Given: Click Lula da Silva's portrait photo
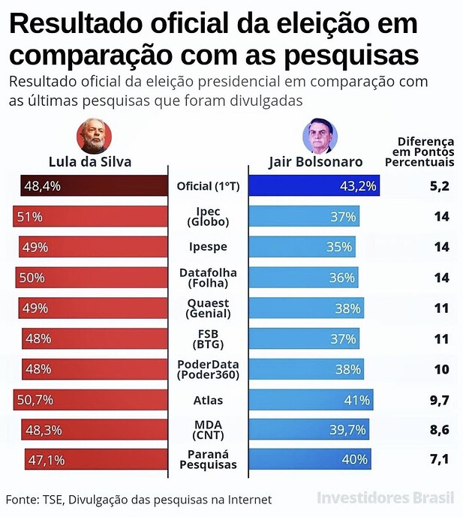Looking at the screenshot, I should (x=95, y=136).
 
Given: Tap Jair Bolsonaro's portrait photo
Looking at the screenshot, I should (x=320, y=137).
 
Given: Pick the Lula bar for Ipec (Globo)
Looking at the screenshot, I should (x=90, y=217).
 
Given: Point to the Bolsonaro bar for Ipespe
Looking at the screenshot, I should (x=302, y=247).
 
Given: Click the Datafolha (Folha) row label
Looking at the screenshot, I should (x=208, y=278).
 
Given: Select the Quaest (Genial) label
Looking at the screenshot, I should (x=208, y=308).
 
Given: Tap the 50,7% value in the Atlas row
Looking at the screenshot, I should (x=37, y=400).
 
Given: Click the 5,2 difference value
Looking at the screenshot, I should (x=439, y=186).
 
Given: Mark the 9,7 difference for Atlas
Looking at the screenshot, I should (x=439, y=400).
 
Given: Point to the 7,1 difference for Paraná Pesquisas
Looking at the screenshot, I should (x=439, y=460).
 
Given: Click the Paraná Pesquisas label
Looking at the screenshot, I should (x=208, y=460).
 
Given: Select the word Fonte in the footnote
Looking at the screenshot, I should (x=22, y=499).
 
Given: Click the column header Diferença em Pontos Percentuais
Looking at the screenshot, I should (x=425, y=152).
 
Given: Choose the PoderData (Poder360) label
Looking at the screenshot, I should (x=208, y=369).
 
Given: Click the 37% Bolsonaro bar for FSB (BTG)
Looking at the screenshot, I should (x=304, y=338).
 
